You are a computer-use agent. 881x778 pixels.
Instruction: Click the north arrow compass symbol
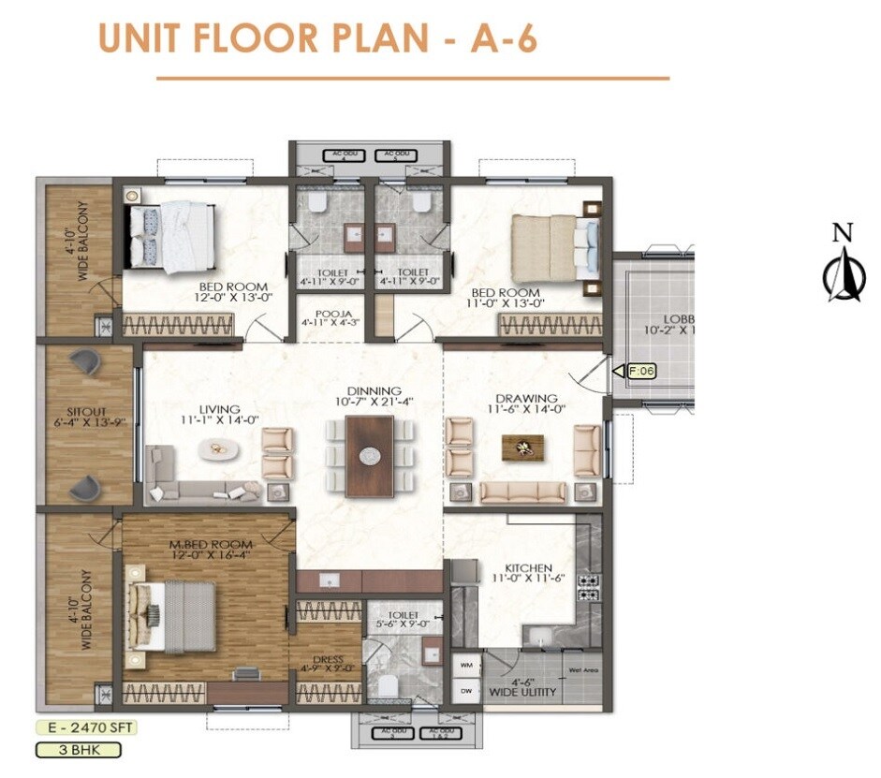pyautogui.click(x=844, y=272)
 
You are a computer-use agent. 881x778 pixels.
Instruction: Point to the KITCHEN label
pyautogui.click(x=528, y=568)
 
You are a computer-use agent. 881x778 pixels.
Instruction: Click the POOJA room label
pyautogui.click(x=333, y=314)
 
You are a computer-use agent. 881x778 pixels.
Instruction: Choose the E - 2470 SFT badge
pyautogui.click(x=79, y=727)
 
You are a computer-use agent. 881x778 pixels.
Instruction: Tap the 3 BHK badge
pyautogui.click(x=79, y=750)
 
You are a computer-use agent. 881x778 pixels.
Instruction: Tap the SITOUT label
pyautogui.click(x=89, y=410)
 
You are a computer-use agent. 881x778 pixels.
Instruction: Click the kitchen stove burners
pyautogui.click(x=589, y=587)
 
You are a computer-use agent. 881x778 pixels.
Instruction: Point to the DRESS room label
pyautogui.click(x=328, y=659)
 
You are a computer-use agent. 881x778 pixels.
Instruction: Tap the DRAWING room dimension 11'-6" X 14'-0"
pyautogui.click(x=525, y=409)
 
